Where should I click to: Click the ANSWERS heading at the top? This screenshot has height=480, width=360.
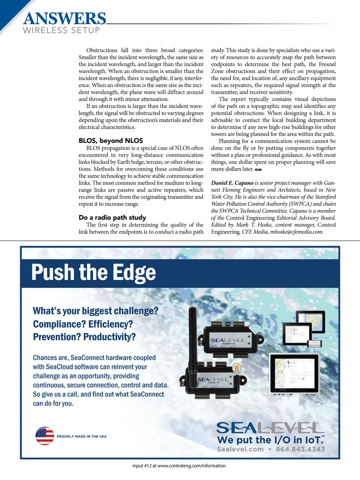64,19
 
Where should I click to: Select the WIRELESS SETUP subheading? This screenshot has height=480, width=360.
61,31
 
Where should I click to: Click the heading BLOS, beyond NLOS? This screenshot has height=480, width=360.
111,141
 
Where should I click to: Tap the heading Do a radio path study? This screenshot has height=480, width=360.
112,217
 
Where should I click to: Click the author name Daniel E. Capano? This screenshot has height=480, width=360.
232,183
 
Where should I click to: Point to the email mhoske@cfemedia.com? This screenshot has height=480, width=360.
296,232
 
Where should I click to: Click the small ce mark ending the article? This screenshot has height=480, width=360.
258,169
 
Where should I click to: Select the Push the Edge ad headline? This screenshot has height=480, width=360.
94,272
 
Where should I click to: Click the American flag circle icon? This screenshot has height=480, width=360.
45,436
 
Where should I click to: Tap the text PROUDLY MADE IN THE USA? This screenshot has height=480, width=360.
82,436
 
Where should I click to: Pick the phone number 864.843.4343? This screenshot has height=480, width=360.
300,449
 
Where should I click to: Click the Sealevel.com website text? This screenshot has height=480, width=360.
240,449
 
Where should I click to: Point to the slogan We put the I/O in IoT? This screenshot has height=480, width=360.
270,440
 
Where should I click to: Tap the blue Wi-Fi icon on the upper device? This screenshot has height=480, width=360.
255,329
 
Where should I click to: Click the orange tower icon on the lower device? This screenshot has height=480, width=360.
237,369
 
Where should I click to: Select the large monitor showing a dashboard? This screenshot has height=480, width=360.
294,373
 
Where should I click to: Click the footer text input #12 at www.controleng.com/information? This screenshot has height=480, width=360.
179,466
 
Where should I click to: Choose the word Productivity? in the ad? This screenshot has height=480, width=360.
109,337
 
